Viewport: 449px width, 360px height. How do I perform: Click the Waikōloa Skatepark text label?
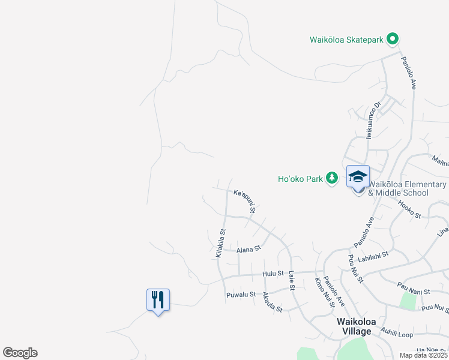[x=346, y=40]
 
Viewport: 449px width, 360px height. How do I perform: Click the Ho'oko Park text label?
[x=300, y=179]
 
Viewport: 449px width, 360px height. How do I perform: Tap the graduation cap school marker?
[x=358, y=177]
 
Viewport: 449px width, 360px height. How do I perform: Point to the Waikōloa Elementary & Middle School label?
[x=408, y=188]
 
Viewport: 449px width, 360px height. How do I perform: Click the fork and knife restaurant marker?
[x=158, y=299]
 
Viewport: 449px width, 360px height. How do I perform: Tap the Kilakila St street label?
[x=220, y=244]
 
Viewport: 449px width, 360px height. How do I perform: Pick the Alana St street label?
[x=249, y=248]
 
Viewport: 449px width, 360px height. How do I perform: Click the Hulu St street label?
[x=273, y=274]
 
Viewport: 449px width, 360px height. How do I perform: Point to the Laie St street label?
[x=292, y=280]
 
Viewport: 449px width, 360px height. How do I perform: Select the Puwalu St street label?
[x=241, y=295]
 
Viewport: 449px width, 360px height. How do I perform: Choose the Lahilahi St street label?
[x=374, y=254]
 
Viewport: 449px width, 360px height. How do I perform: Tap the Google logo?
[x=20, y=353]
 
